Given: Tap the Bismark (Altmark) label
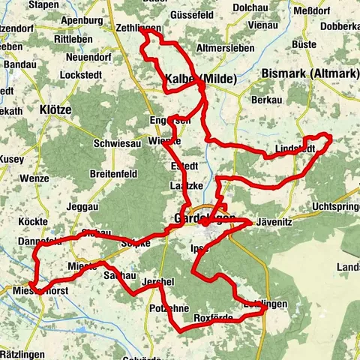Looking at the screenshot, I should pos(304,73).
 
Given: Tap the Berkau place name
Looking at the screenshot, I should pos(267,100).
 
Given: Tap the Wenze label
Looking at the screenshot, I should pos(35,179).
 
